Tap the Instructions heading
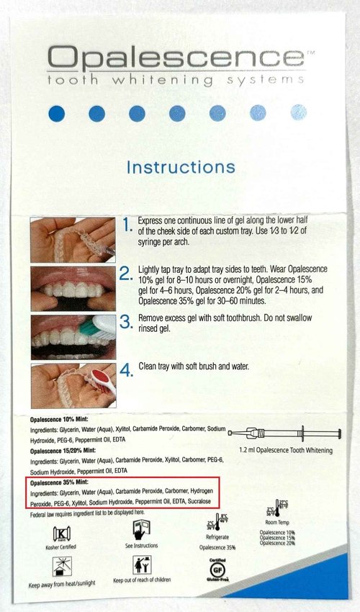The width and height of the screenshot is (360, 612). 180,167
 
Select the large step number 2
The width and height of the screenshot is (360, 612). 127,274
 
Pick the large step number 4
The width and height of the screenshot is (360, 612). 127,371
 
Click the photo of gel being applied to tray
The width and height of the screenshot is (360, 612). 73,239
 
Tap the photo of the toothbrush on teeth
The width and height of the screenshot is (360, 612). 73,336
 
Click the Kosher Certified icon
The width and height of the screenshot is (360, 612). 63,534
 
